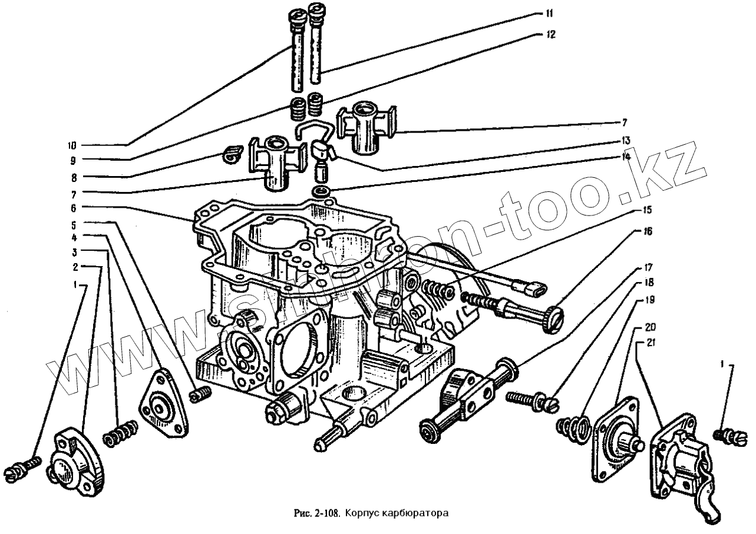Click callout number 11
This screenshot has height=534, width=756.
point(549,13)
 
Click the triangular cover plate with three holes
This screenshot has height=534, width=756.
point(163,406)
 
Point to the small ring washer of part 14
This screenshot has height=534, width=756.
point(322,192)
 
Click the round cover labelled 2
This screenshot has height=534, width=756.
point(78,462)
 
